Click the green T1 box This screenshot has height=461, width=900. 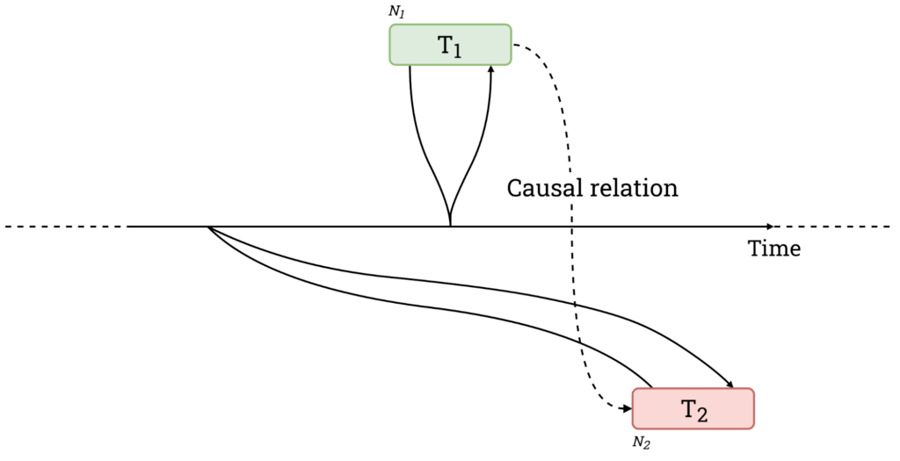[451, 45]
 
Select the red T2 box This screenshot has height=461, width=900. [693, 408]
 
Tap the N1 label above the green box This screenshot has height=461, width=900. [396, 12]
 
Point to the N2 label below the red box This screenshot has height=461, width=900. [642, 443]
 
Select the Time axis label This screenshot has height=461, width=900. [773, 249]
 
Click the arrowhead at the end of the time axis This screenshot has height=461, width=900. [770, 227]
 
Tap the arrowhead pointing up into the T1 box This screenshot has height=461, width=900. [490, 68]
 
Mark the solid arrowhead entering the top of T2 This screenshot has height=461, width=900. [731, 385]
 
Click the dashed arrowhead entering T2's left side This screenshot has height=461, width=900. [628, 409]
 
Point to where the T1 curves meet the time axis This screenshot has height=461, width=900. [451, 226]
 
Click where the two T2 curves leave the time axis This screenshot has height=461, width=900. [209, 227]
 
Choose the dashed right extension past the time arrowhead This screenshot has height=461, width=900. [832, 227]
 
